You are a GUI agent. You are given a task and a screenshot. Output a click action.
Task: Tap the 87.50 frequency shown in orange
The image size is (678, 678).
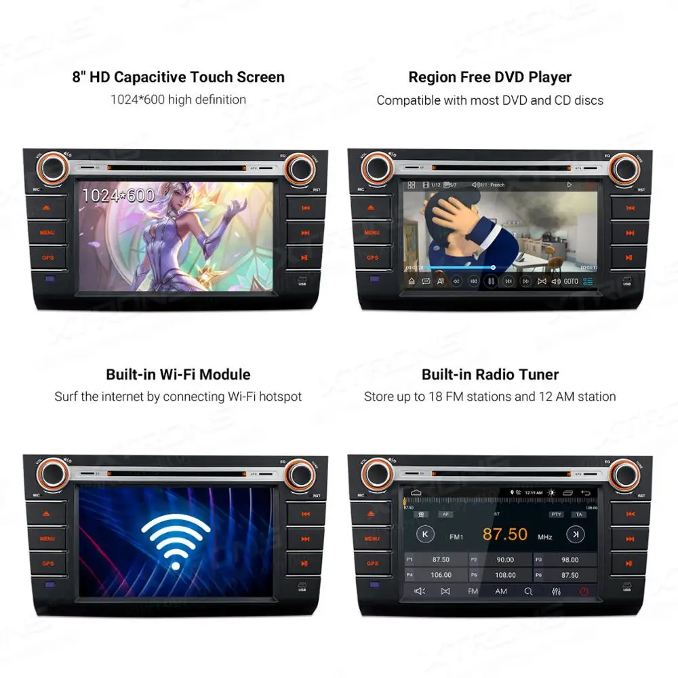(504, 534)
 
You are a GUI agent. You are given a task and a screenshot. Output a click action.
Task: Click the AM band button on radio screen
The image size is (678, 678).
(500, 591)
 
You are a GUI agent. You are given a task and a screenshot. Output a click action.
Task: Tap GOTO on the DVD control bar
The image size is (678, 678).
(570, 281)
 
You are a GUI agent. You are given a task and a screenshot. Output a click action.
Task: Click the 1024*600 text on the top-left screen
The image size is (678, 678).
(118, 195)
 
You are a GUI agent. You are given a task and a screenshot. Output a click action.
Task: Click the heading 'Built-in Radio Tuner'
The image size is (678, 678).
(490, 374)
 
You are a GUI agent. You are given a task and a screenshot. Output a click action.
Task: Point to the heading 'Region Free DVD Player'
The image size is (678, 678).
(490, 77)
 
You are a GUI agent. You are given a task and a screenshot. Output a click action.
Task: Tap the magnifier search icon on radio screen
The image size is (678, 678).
(528, 591)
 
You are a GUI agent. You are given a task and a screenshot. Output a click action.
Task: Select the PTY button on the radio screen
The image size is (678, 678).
(557, 515)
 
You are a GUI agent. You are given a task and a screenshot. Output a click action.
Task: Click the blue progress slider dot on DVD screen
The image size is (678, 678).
(493, 267)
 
